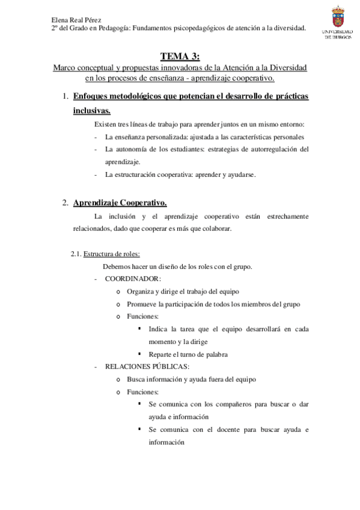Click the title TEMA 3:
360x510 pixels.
[180, 57]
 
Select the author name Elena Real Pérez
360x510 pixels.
[77, 19]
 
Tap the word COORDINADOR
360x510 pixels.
[132, 279]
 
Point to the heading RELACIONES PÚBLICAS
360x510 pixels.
[147, 366]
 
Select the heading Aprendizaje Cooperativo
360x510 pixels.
[120, 203]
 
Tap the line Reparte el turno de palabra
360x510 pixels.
[188, 354]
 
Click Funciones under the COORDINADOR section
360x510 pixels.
[142, 316]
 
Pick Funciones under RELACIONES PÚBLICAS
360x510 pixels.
[142, 392]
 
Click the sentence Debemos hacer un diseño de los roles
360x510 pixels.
[177, 266]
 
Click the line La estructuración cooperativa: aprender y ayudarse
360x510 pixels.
[180, 174]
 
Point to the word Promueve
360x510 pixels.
[141, 304]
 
